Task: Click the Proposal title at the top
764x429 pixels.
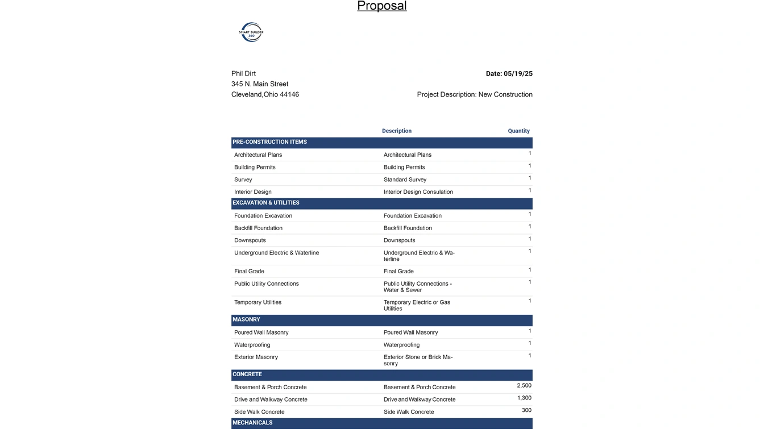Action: [381, 6]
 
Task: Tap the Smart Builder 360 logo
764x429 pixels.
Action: [251, 32]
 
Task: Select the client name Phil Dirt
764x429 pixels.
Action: [243, 74]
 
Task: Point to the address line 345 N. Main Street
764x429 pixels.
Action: [260, 84]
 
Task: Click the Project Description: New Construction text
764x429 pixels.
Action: [475, 95]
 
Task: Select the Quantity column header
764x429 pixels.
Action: [518, 131]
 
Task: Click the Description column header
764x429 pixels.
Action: [397, 131]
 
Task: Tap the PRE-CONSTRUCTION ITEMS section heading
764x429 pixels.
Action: [269, 142]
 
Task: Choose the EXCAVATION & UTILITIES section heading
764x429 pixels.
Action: [266, 203]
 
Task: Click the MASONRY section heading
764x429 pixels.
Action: [246, 320]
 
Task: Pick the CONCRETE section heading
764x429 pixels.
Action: [247, 374]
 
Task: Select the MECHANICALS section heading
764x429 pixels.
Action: [252, 423]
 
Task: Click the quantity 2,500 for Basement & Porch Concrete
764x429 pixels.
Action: [524, 386]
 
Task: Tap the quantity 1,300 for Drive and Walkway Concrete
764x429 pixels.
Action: [524, 398]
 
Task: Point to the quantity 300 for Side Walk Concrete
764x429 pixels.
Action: [526, 410]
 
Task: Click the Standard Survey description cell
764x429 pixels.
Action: [405, 180]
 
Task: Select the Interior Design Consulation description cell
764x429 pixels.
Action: [418, 192]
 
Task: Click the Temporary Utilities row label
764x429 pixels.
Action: [258, 303]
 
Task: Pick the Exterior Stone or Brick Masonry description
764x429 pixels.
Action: [418, 360]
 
